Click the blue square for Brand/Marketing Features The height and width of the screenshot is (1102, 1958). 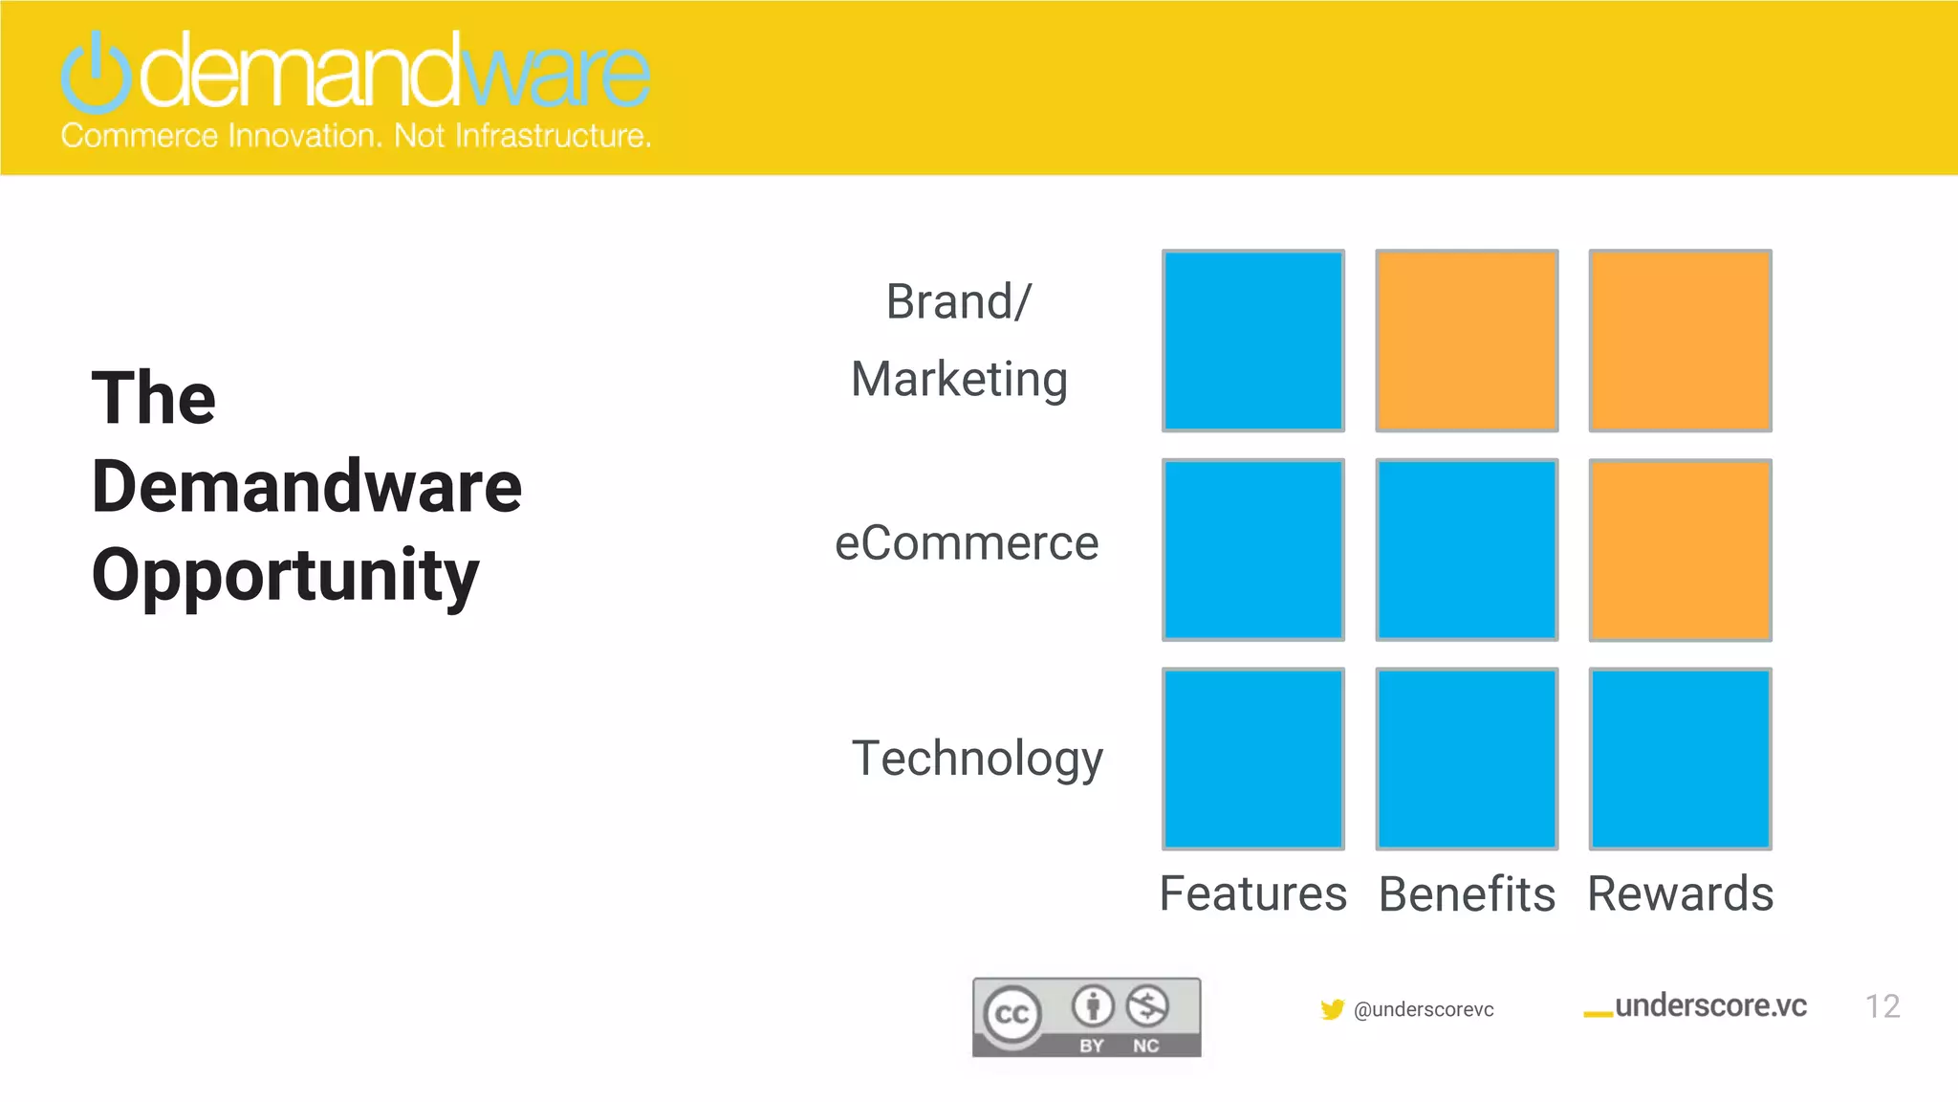coord(1252,341)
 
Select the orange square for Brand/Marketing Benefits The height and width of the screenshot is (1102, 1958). coord(1467,341)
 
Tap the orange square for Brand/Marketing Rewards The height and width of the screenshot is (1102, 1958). coord(1680,341)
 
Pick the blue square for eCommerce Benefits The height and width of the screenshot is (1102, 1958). coord(1467,550)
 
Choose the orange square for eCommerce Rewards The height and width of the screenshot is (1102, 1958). coord(1680,550)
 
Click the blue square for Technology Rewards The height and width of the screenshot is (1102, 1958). coord(1680,759)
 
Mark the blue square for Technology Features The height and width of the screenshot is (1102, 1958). coord(1252,759)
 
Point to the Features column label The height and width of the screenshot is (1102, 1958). coord(1252,894)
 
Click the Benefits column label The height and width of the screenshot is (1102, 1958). coord(1467,894)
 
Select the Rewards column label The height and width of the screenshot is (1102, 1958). coord(1680,894)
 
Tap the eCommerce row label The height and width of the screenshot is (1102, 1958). coord(967,543)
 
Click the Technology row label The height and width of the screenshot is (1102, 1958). coord(977,759)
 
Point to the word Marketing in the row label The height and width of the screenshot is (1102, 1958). coord(959,379)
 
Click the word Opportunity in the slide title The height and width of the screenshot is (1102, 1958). coord(285,576)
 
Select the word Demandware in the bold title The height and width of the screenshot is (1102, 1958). coord(306,487)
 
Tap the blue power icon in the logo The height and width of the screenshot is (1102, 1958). coord(96,73)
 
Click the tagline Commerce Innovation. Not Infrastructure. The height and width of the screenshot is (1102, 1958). coord(356,136)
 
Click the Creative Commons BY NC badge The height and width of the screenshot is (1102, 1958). coord(1086,1017)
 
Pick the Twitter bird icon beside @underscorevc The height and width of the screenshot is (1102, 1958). coord(1332,1009)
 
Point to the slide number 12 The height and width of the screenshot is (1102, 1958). coord(1882,1006)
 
